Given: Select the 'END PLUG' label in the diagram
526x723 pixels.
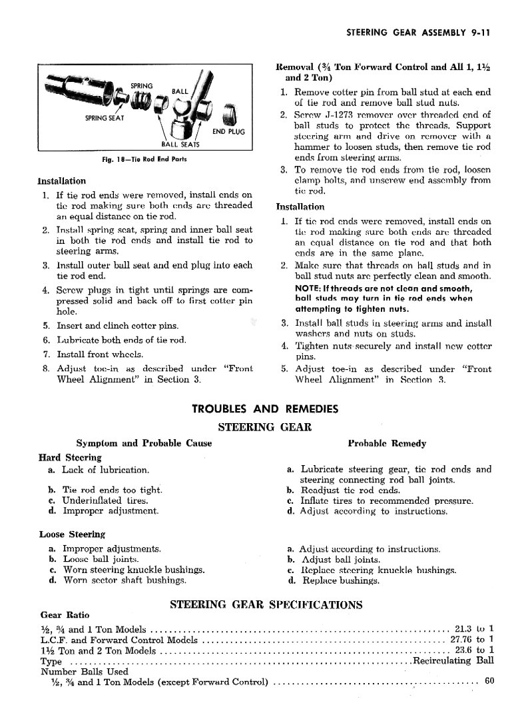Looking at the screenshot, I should pyautogui.click(x=228, y=131).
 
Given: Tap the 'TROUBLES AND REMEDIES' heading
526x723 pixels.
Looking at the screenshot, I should pyautogui.click(x=264, y=409).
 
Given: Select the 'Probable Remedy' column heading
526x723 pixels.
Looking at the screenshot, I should pyautogui.click(x=388, y=443).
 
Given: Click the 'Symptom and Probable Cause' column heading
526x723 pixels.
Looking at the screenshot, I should pyautogui.click(x=144, y=443).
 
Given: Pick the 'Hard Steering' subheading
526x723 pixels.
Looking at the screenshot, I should pyautogui.click(x=70, y=457).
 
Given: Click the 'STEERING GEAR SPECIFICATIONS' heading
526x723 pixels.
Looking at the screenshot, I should pyautogui.click(x=266, y=605).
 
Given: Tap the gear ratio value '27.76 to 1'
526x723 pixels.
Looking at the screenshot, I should pyautogui.click(x=469, y=640).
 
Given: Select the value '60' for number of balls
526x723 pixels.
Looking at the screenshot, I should pyautogui.click(x=489, y=682).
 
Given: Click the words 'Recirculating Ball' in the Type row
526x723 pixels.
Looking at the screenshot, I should pyautogui.click(x=453, y=661).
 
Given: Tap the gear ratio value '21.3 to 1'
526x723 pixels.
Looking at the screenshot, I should pyautogui.click(x=473, y=628).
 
